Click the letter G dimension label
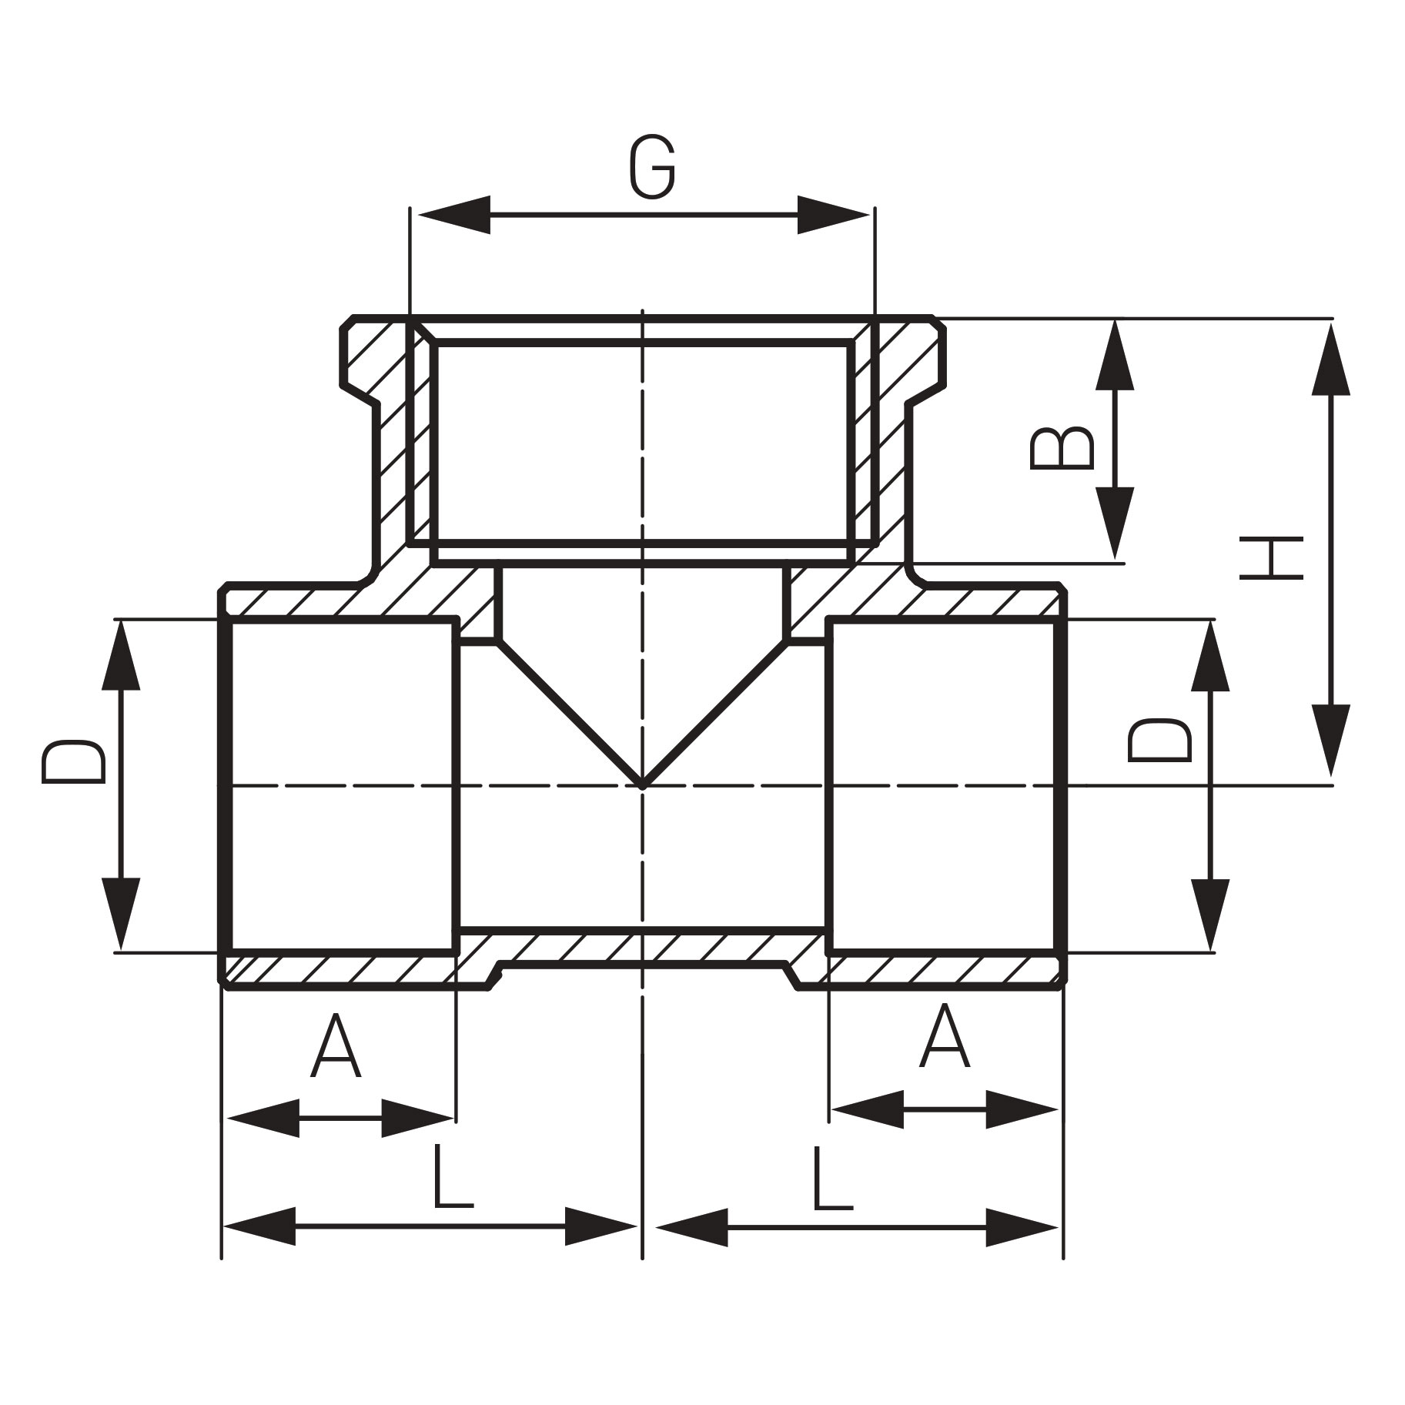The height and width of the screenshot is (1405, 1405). tap(652, 169)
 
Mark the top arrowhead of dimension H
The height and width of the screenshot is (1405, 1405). tap(1330, 359)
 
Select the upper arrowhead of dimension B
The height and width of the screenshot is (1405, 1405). tap(1115, 359)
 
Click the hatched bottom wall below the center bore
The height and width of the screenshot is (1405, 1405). tap(642, 946)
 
